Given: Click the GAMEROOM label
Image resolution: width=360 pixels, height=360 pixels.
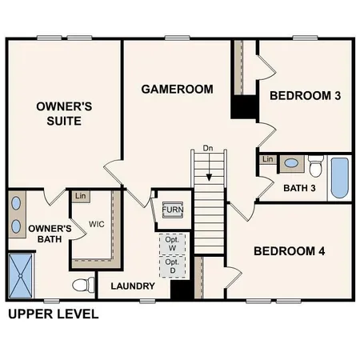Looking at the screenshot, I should [x=177, y=89].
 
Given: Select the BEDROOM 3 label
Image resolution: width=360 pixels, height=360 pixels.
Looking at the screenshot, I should [x=305, y=96].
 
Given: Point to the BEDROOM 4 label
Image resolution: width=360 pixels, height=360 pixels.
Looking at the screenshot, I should [x=289, y=251].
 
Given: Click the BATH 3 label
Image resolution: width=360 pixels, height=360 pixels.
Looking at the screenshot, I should [x=299, y=188].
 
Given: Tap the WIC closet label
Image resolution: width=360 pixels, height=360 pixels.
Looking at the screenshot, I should [x=97, y=224].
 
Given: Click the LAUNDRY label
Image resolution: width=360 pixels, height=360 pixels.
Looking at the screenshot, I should [x=132, y=286].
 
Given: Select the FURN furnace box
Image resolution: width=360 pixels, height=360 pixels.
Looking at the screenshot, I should [x=172, y=210].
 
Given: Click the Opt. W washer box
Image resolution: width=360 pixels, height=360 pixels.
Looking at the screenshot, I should [x=172, y=243].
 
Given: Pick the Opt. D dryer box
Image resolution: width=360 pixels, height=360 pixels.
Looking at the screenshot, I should [x=172, y=266].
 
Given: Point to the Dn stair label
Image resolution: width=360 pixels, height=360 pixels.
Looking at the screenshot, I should [x=208, y=148].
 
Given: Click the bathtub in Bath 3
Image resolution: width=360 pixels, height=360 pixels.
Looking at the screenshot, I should [x=339, y=178].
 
